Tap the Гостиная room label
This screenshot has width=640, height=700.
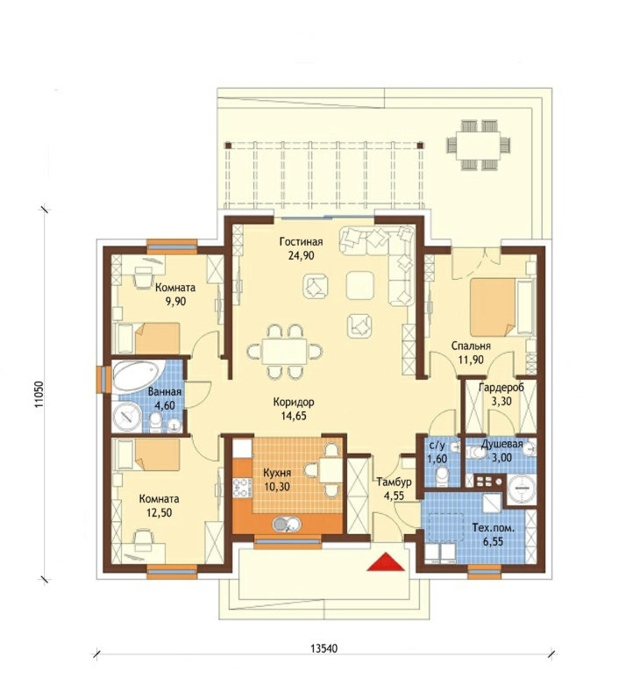coord(301,242)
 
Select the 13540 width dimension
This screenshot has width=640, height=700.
coord(324,647)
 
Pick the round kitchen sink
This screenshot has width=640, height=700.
coord(287,524)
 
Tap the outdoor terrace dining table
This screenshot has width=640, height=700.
coord(480,145)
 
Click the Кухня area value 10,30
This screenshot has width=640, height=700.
coord(277,486)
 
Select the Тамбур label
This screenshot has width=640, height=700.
coord(394,482)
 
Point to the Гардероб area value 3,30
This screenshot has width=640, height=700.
coord(501,401)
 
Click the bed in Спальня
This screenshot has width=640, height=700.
coord(501,307)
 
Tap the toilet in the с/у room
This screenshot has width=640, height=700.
coord(442,476)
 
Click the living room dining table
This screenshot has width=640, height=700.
coord(284,352)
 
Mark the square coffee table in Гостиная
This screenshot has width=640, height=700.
coord(359,285)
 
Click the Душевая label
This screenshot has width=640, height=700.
coord(501,444)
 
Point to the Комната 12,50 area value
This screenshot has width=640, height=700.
coord(159,512)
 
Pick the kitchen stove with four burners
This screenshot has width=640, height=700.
coord(242,488)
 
